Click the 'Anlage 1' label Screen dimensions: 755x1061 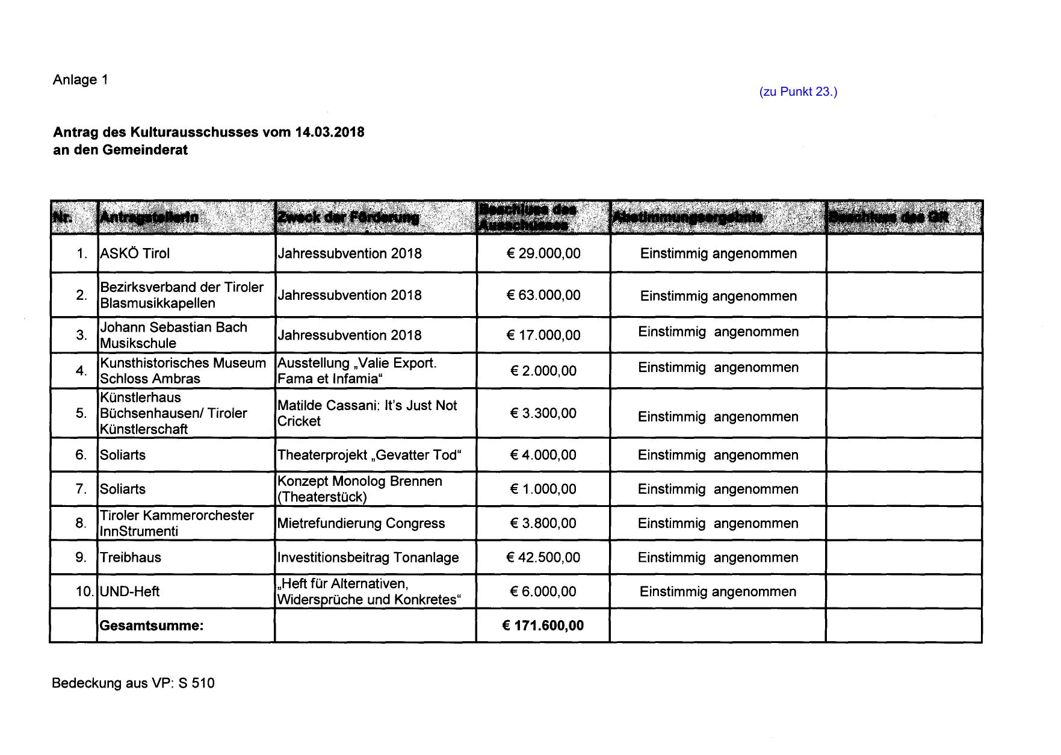coord(81,80)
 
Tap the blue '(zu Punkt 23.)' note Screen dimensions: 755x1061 coord(798,92)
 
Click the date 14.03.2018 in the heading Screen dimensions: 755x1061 coord(329,132)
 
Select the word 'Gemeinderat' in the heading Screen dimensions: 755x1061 coord(145,151)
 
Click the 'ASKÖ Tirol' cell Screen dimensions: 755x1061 coord(135,253)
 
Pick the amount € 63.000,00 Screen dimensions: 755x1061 coord(543,295)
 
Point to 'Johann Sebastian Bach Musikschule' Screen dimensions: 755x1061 coord(173,335)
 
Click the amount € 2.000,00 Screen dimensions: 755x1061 coord(543,371)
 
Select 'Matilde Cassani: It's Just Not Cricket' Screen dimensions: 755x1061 coord(367,413)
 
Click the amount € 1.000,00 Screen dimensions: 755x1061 coord(543,489)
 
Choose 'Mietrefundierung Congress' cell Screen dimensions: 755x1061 coord(361,523)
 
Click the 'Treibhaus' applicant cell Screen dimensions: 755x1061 coord(131,558)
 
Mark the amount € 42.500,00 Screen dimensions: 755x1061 coord(543,558)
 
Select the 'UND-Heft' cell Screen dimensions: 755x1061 coord(130,592)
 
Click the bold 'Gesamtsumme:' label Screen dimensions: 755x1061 coord(152,626)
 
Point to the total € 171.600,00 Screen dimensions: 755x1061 coord(543,626)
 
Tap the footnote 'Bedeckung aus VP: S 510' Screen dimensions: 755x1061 coord(133,683)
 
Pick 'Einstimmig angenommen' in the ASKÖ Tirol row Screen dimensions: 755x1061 coord(719,253)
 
